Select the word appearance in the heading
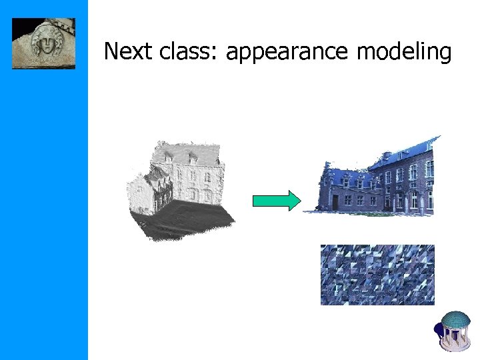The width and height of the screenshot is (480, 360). pos(287,52)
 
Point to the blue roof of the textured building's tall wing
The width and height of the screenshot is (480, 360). pos(407,151)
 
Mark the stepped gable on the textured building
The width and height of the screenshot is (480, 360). pos(329,171)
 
